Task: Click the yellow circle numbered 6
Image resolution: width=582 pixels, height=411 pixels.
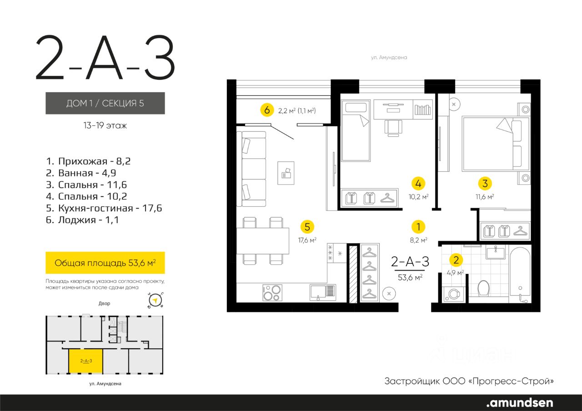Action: point(267,110)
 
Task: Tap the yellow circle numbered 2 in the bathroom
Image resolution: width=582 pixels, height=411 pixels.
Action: point(456,260)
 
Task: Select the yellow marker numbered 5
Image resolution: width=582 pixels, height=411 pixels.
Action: point(307,227)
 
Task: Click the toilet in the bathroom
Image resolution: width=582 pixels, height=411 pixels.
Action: point(483,288)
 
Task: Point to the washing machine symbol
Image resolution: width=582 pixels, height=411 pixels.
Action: point(454,294)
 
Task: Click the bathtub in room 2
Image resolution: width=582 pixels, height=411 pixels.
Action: point(520,275)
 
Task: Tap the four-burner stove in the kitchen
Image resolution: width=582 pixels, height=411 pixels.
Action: point(272,292)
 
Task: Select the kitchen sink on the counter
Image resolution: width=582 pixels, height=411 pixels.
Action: point(323,292)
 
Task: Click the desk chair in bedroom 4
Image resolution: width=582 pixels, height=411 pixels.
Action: point(393,128)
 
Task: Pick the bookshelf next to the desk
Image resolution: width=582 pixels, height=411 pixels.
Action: point(422,109)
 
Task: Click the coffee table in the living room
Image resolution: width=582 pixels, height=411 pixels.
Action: point(286,173)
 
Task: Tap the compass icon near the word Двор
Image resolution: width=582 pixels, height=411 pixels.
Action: point(156,301)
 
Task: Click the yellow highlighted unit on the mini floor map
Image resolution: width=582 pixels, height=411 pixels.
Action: point(86,361)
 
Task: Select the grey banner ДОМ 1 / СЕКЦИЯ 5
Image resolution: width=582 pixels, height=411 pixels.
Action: point(105,103)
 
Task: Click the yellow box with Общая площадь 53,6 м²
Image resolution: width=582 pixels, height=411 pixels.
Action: point(105,262)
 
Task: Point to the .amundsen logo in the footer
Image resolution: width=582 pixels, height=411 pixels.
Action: point(520,402)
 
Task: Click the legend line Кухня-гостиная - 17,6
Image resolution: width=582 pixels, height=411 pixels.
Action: point(104,208)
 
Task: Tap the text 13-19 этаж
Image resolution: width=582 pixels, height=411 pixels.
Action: point(105,126)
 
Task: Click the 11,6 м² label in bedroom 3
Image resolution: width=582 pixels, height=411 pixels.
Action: point(485,197)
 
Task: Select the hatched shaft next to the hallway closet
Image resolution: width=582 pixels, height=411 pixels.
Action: point(353,274)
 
